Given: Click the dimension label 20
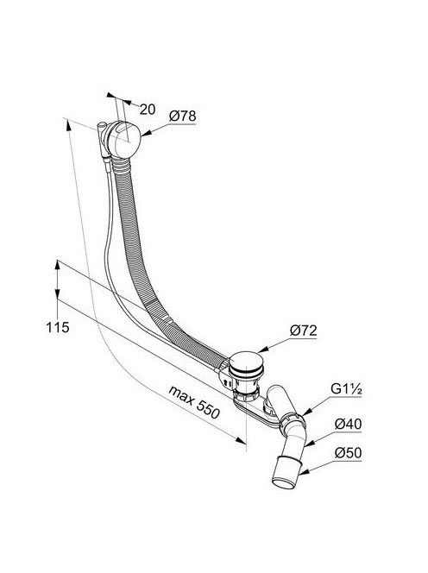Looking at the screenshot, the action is tap(148, 110).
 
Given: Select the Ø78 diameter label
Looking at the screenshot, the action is tap(182, 116).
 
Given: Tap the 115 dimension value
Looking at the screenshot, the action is tap(58, 327).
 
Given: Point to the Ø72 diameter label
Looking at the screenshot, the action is tap(304, 331).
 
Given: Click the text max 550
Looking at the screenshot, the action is tap(194, 402).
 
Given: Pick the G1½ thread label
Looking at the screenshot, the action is tap(346, 389).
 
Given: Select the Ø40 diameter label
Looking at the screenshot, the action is tap(348, 424).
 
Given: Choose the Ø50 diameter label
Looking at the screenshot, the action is tap(348, 453).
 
